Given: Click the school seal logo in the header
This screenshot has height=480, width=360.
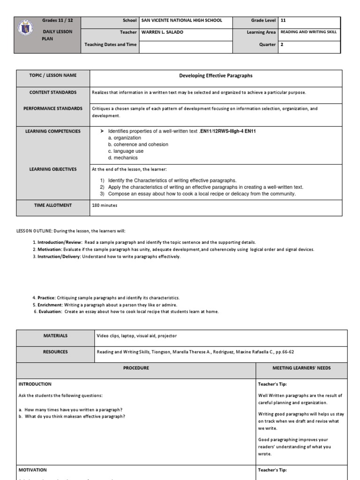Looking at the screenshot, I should [27, 30].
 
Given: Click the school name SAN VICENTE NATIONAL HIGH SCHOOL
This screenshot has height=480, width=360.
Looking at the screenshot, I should [181, 21].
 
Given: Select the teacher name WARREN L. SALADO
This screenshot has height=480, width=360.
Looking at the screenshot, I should [160, 32].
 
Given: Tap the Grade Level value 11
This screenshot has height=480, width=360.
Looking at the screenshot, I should [283, 21].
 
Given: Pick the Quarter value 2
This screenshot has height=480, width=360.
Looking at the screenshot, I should [282, 45].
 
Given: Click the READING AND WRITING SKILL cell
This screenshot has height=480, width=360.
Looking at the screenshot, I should [308, 32].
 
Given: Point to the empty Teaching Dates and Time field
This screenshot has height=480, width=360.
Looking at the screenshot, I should [185, 45].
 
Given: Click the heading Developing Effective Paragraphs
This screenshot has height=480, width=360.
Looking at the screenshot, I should [216, 75].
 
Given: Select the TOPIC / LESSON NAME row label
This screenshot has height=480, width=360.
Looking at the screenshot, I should [53, 75].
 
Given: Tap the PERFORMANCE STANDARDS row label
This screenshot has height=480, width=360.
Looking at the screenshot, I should [53, 109].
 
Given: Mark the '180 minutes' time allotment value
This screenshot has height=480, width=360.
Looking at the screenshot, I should [105, 205].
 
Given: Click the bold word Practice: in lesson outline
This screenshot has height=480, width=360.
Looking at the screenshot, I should [46, 298].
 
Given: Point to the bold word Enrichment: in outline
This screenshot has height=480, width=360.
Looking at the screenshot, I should [50, 305].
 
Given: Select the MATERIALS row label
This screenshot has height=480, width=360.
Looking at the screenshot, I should [55, 336].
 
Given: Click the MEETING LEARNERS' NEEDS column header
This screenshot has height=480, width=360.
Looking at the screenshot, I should [301, 368].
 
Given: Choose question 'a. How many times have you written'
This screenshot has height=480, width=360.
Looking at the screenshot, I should [70, 409].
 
